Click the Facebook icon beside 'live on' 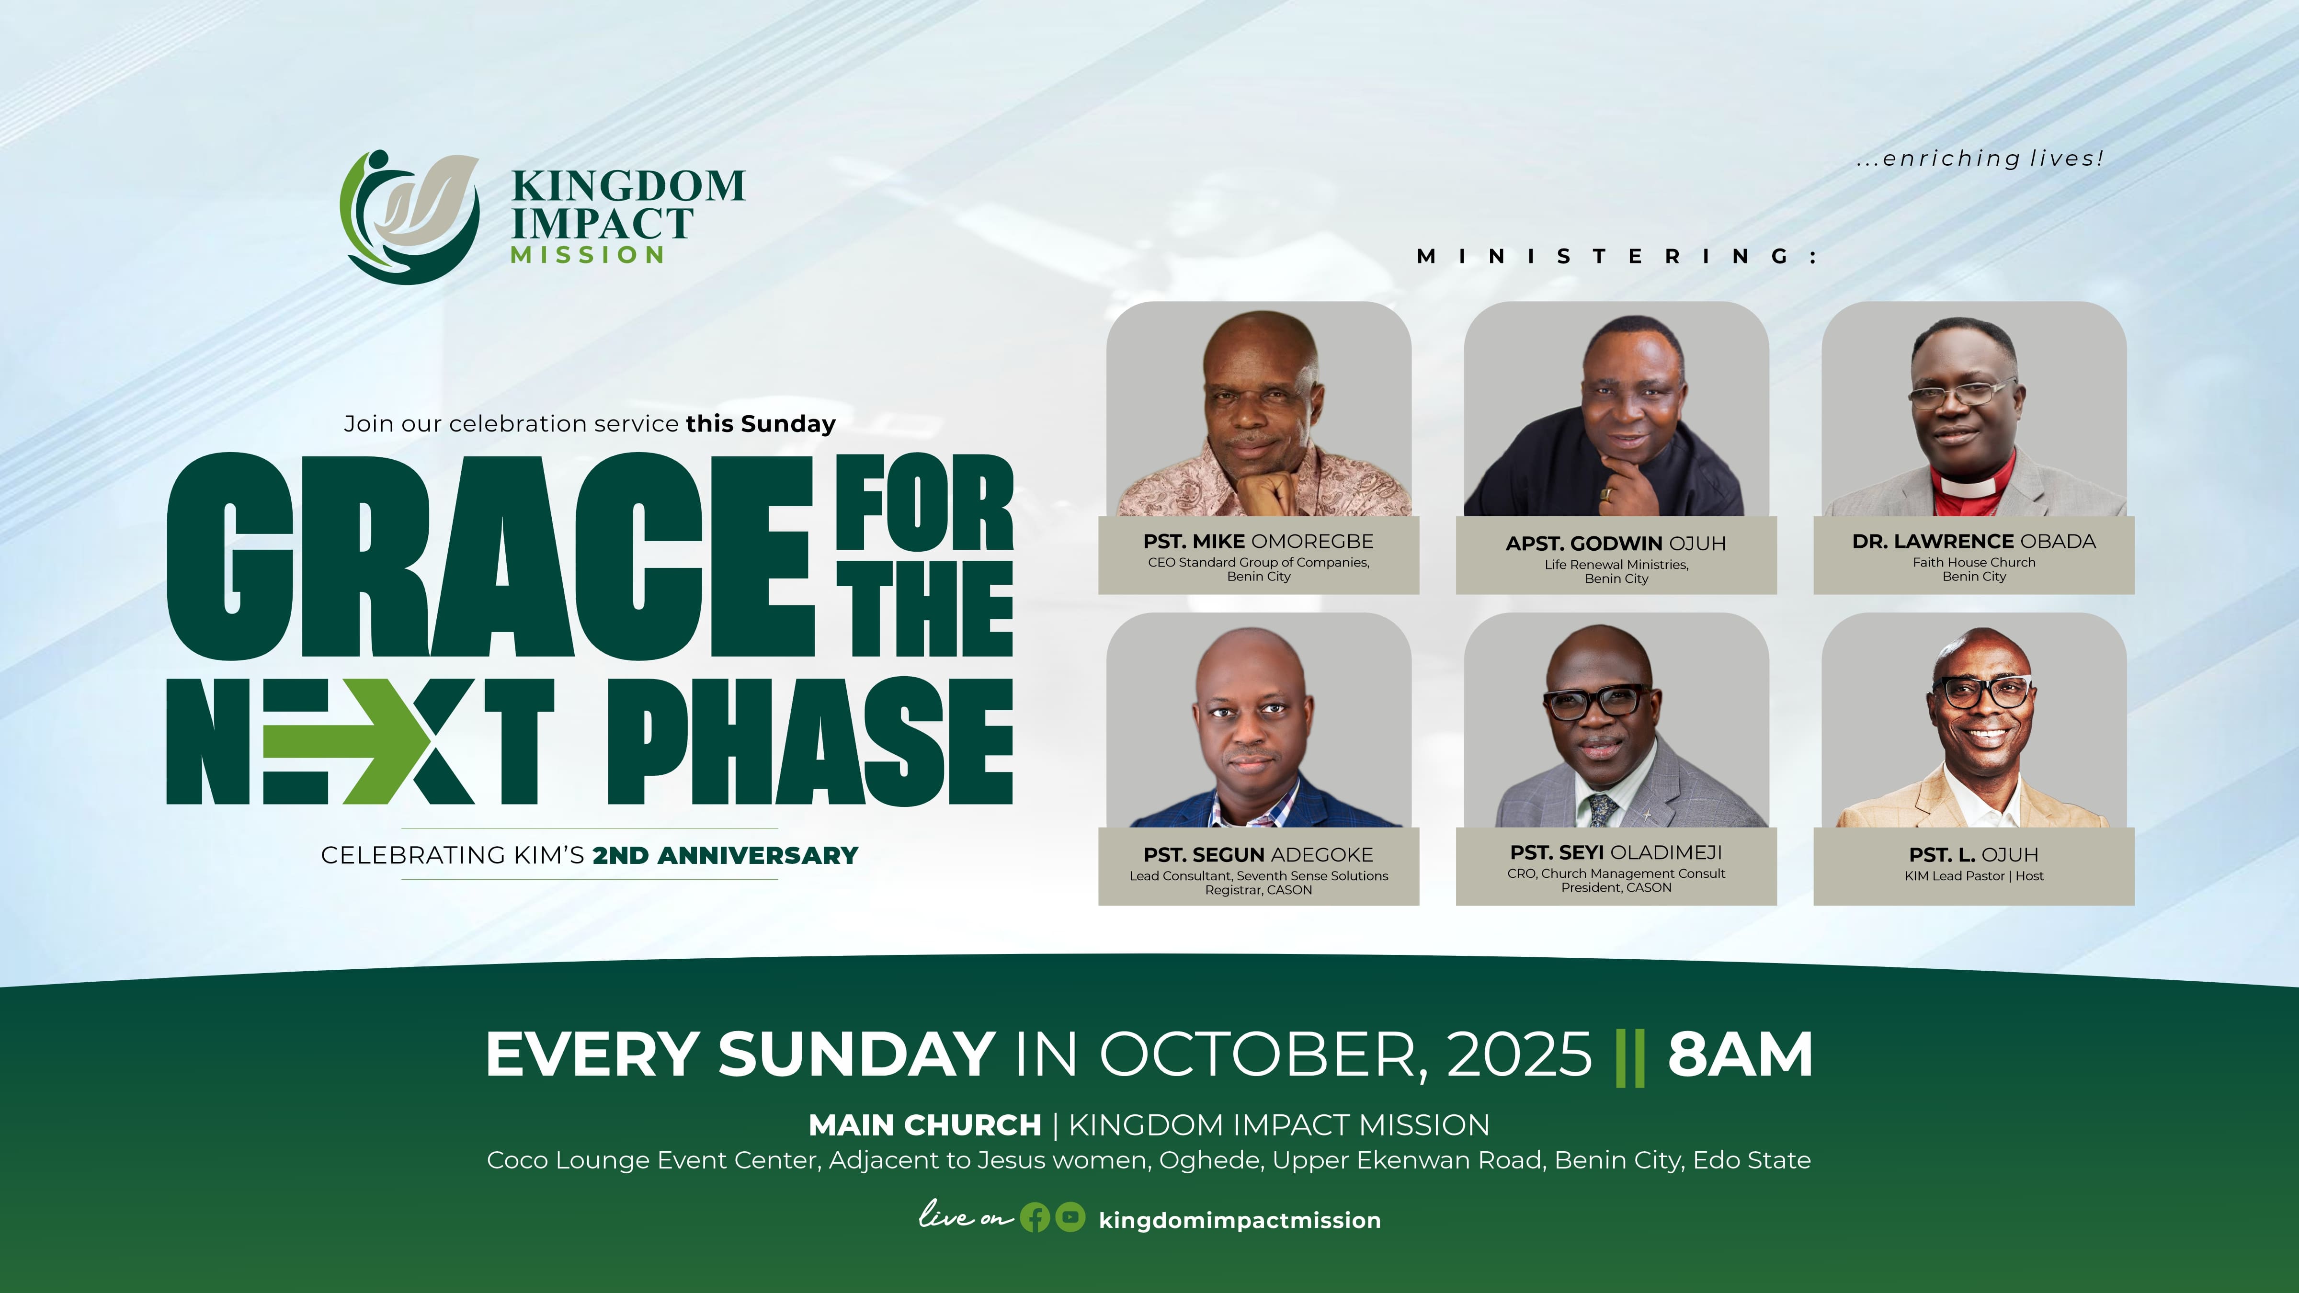click(1035, 1218)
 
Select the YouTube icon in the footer click(1070, 1218)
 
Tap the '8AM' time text click(1741, 1054)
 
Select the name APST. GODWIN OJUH click(1616, 544)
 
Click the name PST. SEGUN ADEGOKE click(1258, 855)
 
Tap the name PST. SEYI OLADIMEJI click(1616, 852)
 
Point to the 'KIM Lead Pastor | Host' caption click(1974, 876)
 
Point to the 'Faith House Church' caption click(1974, 562)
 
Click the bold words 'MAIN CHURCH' click(924, 1125)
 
